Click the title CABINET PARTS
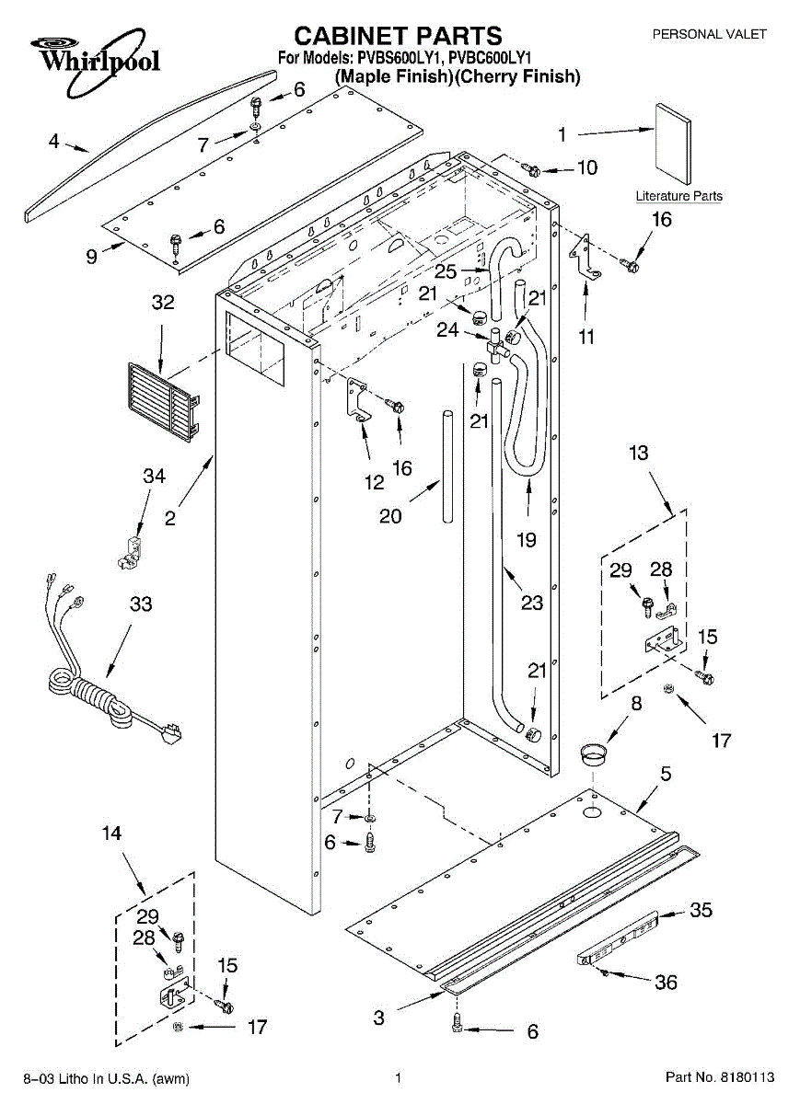398,36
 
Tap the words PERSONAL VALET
709,34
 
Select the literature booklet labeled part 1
670,143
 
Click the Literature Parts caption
678,196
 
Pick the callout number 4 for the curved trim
53,142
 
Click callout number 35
701,911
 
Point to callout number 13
638,453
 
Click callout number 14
110,834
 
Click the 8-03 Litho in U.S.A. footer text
106,1078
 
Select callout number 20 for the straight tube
390,517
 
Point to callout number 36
666,983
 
